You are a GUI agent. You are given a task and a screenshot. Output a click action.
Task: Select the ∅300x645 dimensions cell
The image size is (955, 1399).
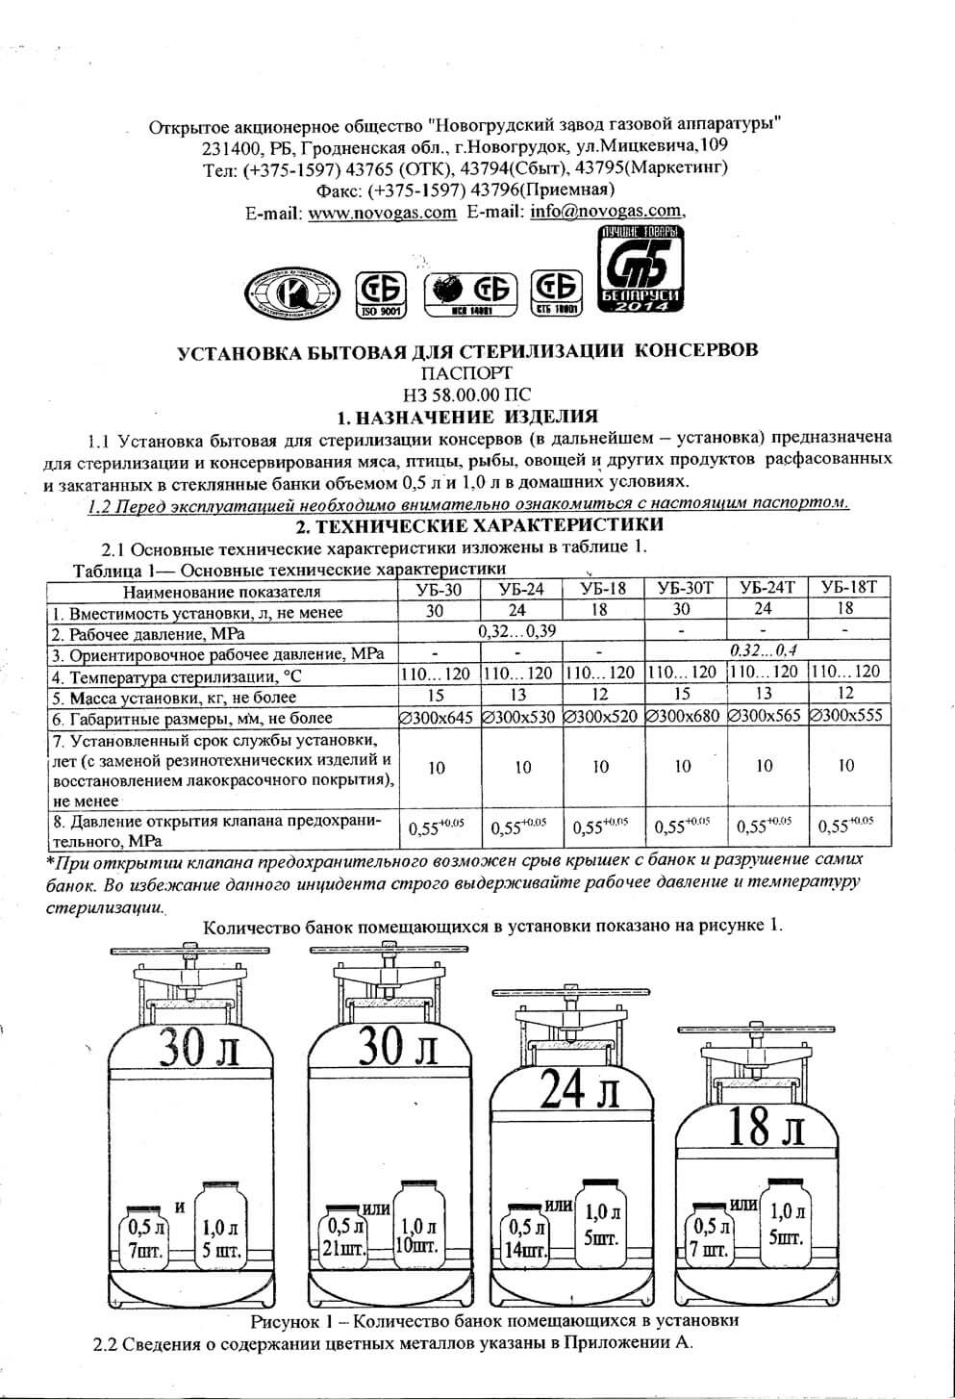tap(437, 717)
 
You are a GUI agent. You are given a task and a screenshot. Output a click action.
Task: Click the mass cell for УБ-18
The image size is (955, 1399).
tap(600, 696)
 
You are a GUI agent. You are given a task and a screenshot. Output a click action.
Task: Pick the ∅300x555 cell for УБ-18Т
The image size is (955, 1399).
tap(847, 717)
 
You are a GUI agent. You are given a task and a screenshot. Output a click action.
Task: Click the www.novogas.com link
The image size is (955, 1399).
tap(382, 213)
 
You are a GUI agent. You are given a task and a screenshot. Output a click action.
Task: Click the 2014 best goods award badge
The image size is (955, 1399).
tap(640, 272)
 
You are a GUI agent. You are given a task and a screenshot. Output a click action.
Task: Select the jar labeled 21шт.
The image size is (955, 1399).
tap(344, 1236)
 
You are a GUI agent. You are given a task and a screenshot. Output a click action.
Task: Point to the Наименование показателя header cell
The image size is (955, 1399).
tap(222, 591)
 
